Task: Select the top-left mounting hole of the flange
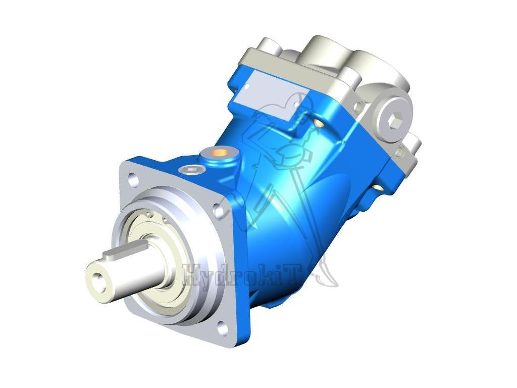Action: tap(132, 178)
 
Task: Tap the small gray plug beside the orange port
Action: tap(191, 170)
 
